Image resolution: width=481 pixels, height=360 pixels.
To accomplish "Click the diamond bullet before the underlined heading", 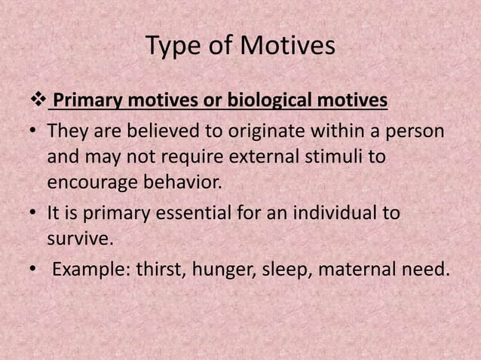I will tap(37, 99).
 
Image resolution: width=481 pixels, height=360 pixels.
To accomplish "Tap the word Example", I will tap(90, 269).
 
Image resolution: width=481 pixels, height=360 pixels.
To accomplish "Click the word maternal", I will tap(357, 269).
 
